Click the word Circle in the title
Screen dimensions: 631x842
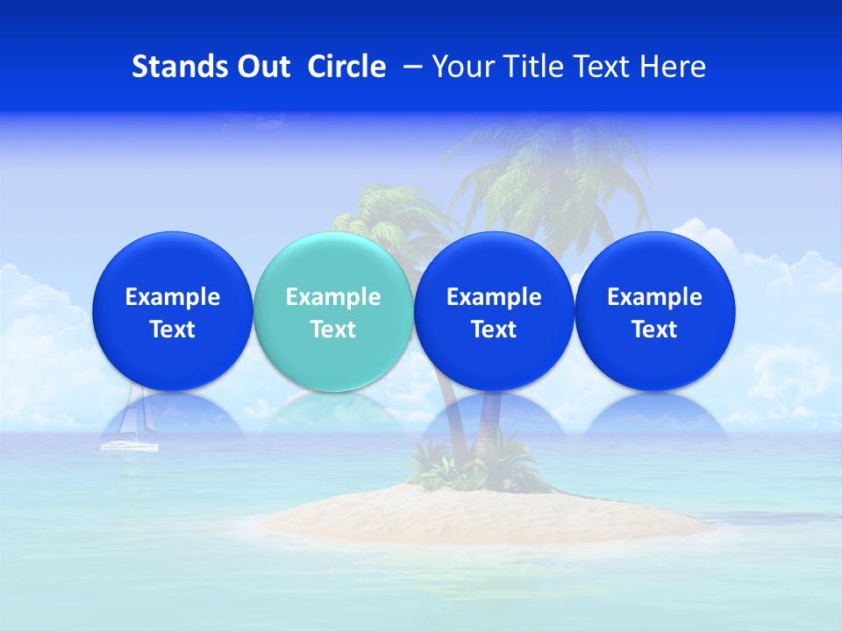coord(346,67)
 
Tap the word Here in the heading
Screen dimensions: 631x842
coord(673,67)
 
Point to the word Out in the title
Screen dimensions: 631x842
coord(260,67)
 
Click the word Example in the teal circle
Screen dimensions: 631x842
coord(333,297)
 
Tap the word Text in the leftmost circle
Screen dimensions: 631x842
coord(172,330)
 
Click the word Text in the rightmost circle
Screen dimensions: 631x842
coord(654,330)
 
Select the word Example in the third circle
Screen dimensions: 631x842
coord(494,297)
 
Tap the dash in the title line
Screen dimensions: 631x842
coord(410,67)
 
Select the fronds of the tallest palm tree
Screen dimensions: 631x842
coord(544,175)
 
